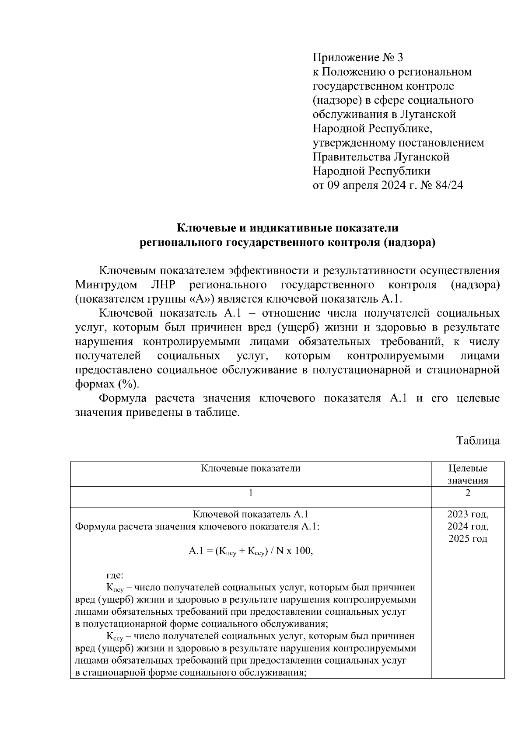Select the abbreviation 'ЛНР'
pyautogui.click(x=163, y=285)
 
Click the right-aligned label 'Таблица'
pyautogui.click(x=478, y=440)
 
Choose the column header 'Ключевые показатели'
pyautogui.click(x=251, y=468)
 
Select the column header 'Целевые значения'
pyautogui.click(x=468, y=474)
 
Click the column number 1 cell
pyautogui.click(x=251, y=493)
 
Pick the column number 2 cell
pyautogui.click(x=468, y=493)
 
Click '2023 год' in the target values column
pyautogui.click(x=468, y=514)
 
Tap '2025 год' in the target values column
pyautogui.click(x=468, y=539)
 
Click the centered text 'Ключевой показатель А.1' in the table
pyautogui.click(x=251, y=514)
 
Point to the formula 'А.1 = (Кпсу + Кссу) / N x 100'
pyautogui.click(x=251, y=551)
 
